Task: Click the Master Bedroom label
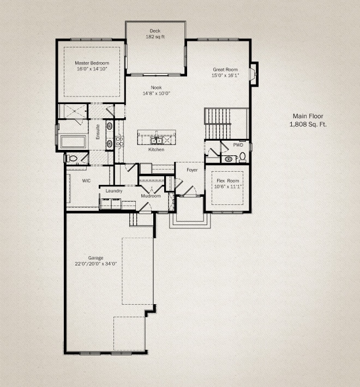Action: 92,63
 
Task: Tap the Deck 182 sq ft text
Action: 155,34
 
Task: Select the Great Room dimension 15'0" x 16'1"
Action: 225,75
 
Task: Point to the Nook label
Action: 157,87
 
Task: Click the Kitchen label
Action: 157,149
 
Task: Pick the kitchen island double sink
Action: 157,141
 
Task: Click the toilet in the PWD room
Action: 243,157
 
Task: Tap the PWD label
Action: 238,145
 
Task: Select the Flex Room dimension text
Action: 227,186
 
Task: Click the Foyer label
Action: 192,170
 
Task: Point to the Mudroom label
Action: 151,196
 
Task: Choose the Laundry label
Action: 114,191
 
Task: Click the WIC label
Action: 86,180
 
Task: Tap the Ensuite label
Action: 98,132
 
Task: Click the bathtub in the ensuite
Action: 73,142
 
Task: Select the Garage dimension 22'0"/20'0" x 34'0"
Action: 96,264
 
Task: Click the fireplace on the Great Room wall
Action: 254,74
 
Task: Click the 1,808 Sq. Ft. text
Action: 308,124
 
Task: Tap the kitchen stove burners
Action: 119,142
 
